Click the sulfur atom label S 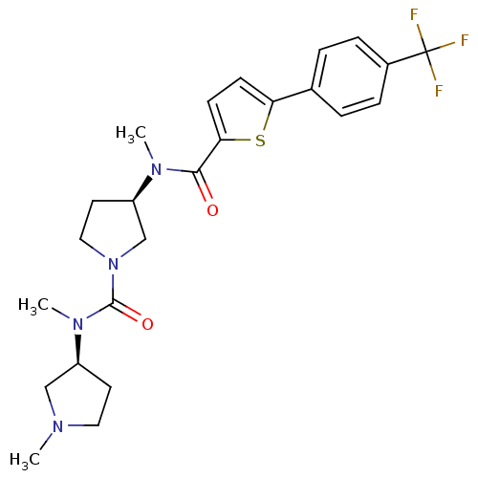click(260, 141)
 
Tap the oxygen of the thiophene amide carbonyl click(212, 210)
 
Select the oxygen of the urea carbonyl click(147, 324)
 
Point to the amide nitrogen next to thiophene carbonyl click(156, 169)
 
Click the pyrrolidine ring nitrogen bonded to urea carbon click(113, 264)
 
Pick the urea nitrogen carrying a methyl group click(77, 324)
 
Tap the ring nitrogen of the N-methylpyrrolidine click(57, 426)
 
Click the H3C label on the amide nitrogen click(131, 133)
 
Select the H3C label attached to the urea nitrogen click(33, 305)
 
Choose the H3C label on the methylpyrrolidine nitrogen click(25, 460)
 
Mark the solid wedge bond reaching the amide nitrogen click(142, 188)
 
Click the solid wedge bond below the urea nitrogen click(77, 349)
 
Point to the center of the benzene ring click(350, 76)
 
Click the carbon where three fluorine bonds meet click(426, 52)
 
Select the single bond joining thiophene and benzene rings click(293, 96)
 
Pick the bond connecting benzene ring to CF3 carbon click(407, 57)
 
